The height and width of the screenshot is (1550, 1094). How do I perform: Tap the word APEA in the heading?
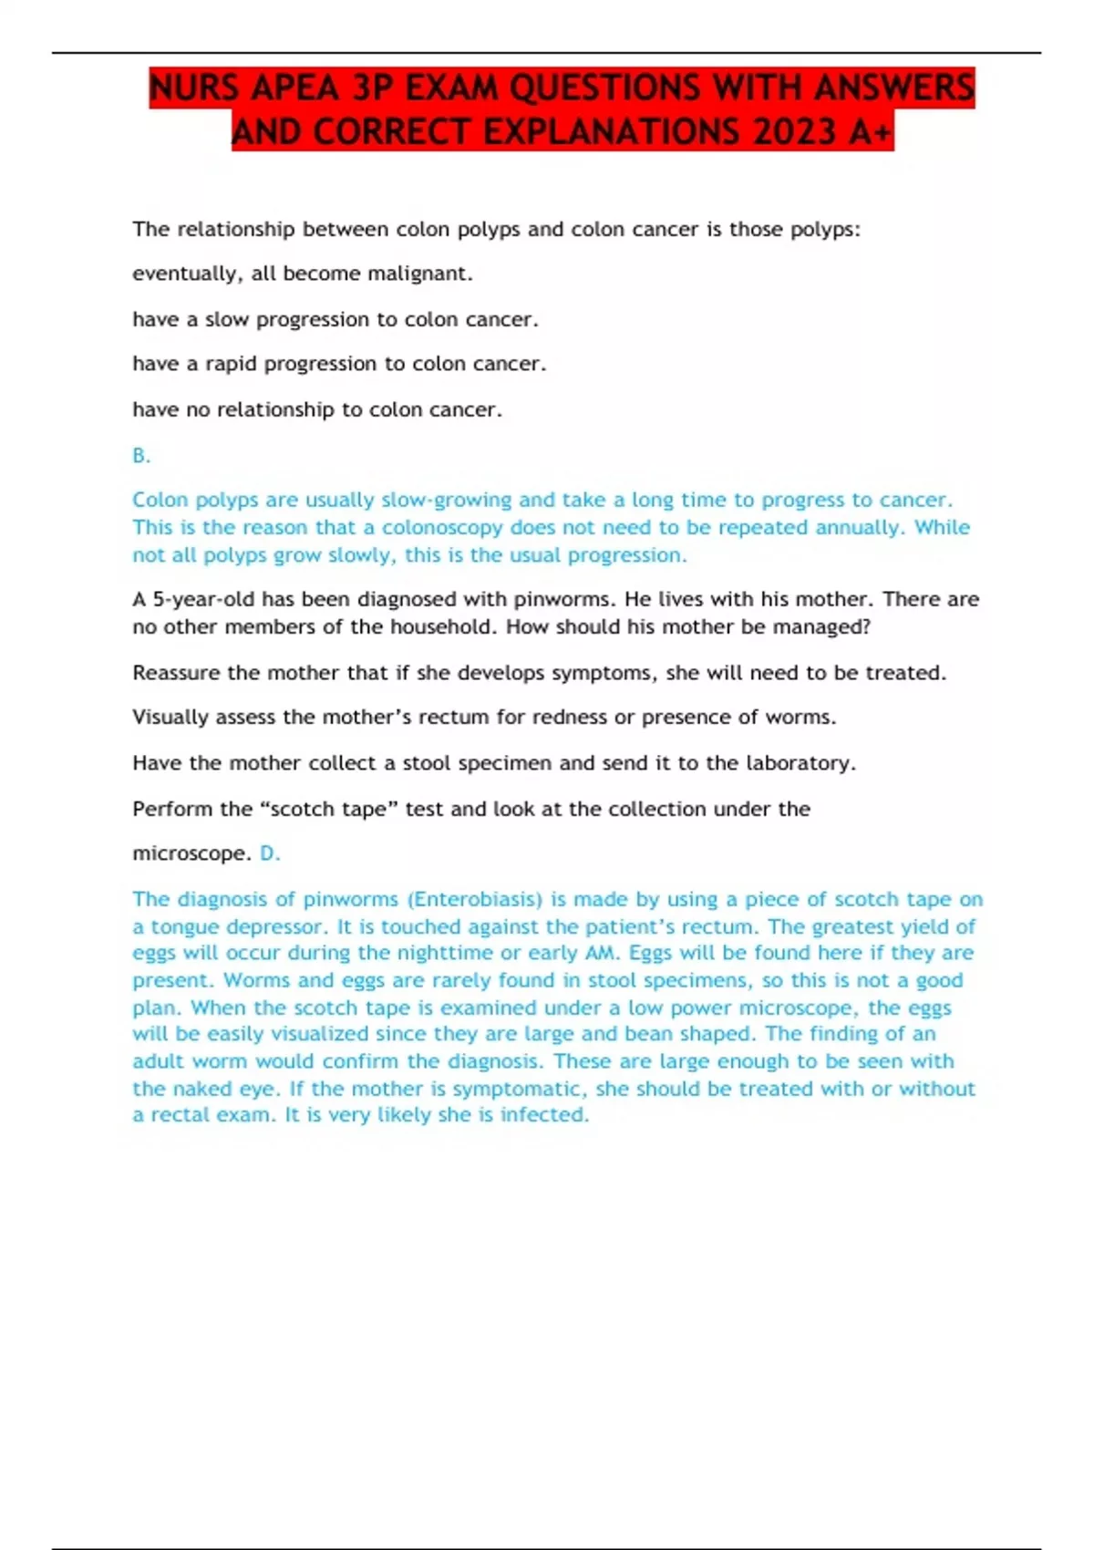tap(294, 88)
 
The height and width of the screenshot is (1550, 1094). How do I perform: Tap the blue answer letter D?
tap(269, 853)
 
